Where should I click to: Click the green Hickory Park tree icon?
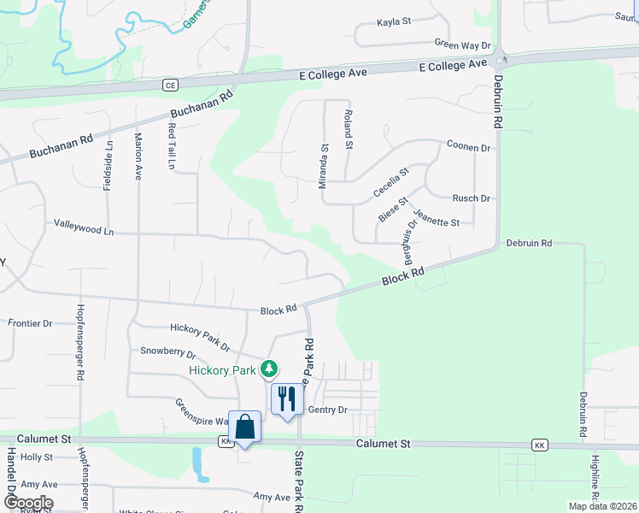(270, 369)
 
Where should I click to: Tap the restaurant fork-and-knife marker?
(287, 398)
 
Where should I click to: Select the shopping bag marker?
(245, 427)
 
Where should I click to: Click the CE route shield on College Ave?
(170, 85)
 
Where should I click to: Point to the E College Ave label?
(333, 73)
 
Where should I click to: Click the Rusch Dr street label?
(471, 198)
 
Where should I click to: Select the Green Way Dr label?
(462, 44)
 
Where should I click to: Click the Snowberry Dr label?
(167, 351)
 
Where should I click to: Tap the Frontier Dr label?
(30, 323)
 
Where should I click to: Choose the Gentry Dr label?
(327, 410)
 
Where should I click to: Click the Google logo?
(27, 502)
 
